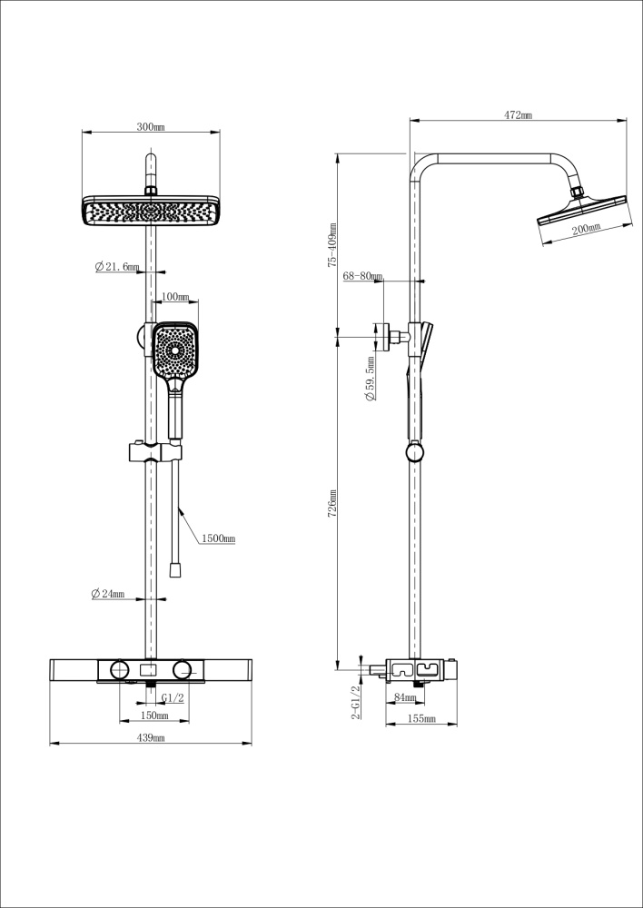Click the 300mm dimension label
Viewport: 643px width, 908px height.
(x=151, y=127)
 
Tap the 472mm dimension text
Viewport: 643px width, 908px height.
(x=518, y=115)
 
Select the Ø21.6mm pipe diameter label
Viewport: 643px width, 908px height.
(x=117, y=267)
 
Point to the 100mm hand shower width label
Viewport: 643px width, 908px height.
(x=175, y=297)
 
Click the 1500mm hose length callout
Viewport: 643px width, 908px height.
(x=218, y=538)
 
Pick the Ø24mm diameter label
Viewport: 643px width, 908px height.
(x=107, y=594)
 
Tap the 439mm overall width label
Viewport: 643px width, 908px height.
(x=151, y=738)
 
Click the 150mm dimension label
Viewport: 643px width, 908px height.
(x=154, y=716)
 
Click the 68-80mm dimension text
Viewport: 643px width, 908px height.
(x=362, y=275)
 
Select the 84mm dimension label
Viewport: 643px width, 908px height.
(x=406, y=697)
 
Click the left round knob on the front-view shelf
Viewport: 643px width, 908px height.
(x=117, y=670)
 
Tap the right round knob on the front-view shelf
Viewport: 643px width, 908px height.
(x=183, y=670)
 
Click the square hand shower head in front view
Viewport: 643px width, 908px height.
(x=174, y=351)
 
